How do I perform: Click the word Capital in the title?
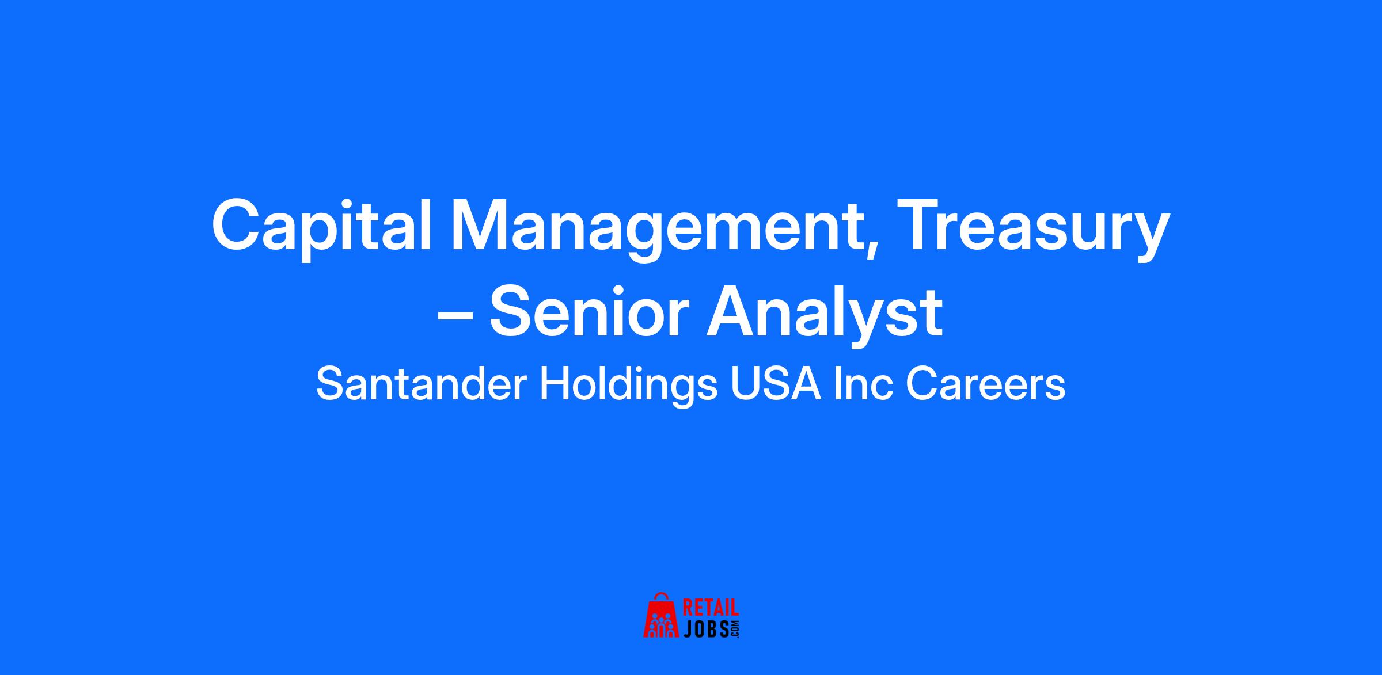322,226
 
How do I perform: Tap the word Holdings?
628,387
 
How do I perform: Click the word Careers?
985,385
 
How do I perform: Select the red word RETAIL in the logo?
710,609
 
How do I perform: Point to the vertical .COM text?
734,629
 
